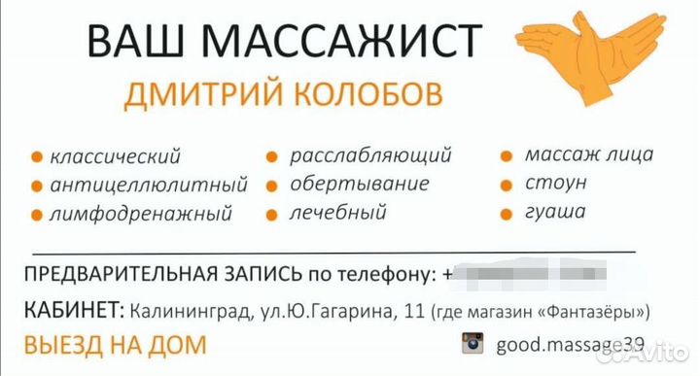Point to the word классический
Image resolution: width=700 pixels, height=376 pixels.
pyautogui.click(x=116, y=155)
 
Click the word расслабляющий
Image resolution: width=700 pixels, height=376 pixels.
pyautogui.click(x=370, y=154)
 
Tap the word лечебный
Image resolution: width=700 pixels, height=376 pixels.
pyautogui.click(x=337, y=211)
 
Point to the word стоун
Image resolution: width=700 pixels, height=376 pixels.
pyautogui.click(x=555, y=183)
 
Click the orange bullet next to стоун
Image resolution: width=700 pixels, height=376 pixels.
pyautogui.click(x=507, y=184)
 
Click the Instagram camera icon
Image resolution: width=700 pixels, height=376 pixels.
pyautogui.click(x=472, y=343)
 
